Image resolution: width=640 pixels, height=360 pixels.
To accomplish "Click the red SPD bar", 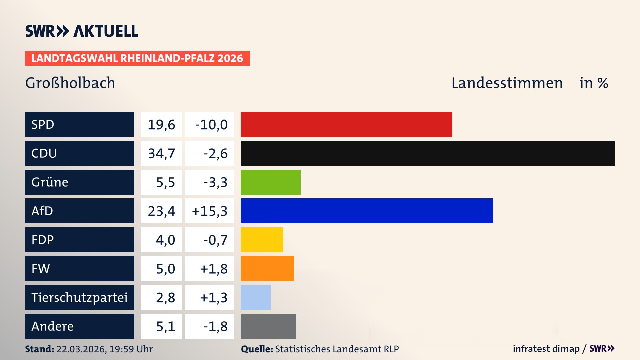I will [346, 124].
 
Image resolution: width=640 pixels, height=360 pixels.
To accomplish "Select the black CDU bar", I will [428, 153].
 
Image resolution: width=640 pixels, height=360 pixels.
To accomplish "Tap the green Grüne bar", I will [270, 182].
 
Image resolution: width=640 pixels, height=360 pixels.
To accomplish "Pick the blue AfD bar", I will [367, 211].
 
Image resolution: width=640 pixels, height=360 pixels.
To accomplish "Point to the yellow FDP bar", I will [262, 240].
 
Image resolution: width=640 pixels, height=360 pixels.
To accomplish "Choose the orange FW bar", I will [267, 268].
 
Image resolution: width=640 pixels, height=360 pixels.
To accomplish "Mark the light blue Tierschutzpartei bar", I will [255, 297].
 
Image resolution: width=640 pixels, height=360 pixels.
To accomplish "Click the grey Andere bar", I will [268, 326].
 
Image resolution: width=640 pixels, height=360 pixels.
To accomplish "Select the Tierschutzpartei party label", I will [79, 297].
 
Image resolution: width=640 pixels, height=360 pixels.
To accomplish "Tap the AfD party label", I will [42, 211].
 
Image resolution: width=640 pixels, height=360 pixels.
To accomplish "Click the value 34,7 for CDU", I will [161, 153].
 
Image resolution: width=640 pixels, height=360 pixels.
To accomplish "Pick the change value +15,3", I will [210, 211].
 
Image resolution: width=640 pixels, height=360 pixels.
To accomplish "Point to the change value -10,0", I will [211, 125].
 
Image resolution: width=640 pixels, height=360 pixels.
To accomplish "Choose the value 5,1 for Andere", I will [165, 326].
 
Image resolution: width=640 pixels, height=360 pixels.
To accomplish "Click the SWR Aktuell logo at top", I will [82, 31].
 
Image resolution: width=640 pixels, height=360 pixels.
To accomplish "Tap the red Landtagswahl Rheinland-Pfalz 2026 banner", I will [137, 58].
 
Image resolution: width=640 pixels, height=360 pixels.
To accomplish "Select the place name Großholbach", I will [70, 83].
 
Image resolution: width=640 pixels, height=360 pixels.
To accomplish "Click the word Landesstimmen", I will [507, 83].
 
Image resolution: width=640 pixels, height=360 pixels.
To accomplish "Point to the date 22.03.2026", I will [81, 349].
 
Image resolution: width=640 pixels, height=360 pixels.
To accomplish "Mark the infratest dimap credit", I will [546, 349].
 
